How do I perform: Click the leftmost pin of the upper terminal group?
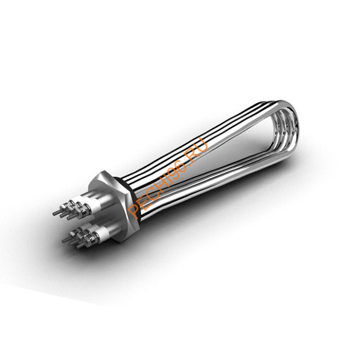[56, 213]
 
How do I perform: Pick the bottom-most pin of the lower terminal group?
[80, 246]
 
